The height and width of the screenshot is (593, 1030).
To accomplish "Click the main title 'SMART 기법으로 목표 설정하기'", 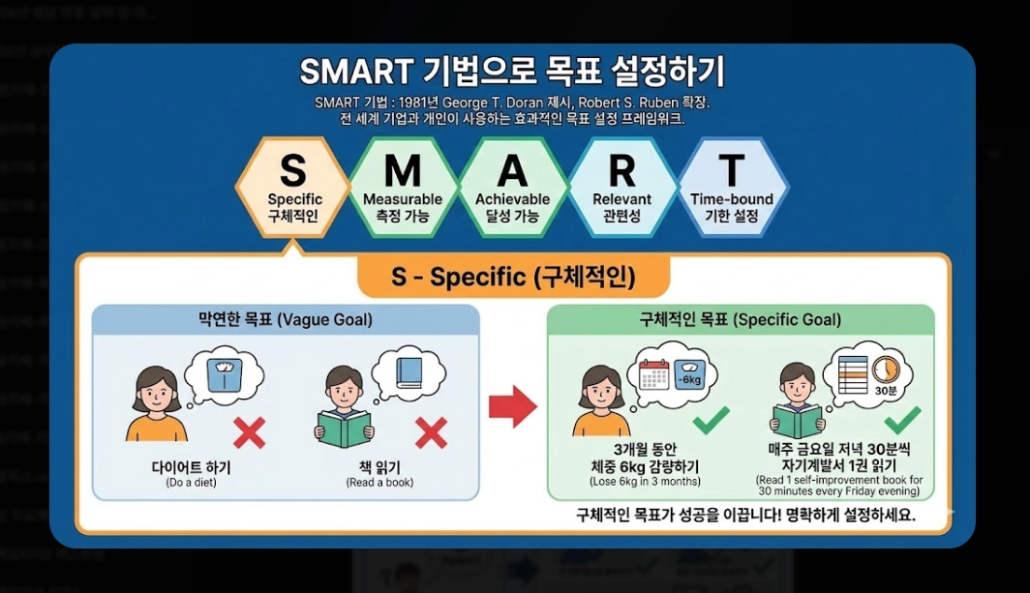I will pos(512,72).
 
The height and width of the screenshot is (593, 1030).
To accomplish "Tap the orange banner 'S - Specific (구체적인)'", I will pos(513,278).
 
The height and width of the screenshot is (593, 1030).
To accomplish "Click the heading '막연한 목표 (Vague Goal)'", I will pos(286,319).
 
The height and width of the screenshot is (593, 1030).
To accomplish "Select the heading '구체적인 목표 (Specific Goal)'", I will pos(741,319).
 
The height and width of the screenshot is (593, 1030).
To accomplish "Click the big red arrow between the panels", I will pos(512,406).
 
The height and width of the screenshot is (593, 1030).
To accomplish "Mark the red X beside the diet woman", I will pos(249,432).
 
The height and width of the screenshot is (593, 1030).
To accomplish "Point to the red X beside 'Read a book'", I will pos(431,432).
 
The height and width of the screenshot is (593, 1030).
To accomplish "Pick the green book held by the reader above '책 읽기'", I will pos(345,428).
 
